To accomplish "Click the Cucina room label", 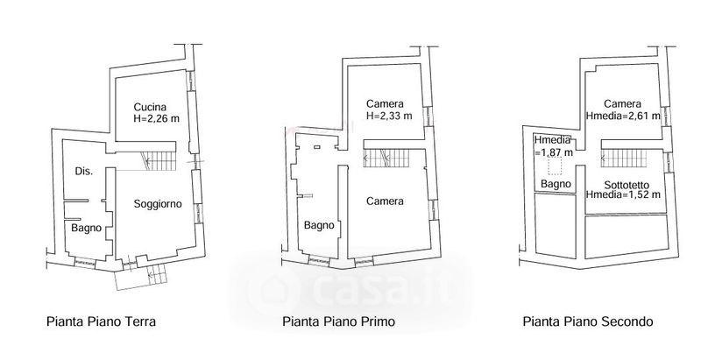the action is tap(150, 107).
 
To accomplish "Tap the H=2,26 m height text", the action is tap(157, 119).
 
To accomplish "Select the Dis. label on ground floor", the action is tap(84, 171).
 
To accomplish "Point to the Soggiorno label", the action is tap(158, 204).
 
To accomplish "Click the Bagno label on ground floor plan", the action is tap(86, 228).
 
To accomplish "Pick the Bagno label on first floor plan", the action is tap(319, 225).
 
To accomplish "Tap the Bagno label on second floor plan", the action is tap(556, 184).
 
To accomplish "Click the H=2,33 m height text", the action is tap(389, 116).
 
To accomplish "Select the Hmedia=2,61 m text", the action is tap(623, 116).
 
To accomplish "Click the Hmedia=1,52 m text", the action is tap(623, 194).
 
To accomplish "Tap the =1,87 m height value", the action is tap(554, 152).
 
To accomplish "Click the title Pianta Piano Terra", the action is tap(101, 321).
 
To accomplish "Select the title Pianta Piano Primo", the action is tap(338, 321).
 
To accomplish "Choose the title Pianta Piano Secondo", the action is tap(588, 321).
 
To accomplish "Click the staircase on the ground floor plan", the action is tap(159, 161).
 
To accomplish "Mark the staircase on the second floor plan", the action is tap(624, 159).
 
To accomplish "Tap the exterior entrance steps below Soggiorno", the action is tap(157, 274).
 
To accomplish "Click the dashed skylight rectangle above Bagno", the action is tap(556, 166).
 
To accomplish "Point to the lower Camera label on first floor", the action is tap(385, 201).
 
